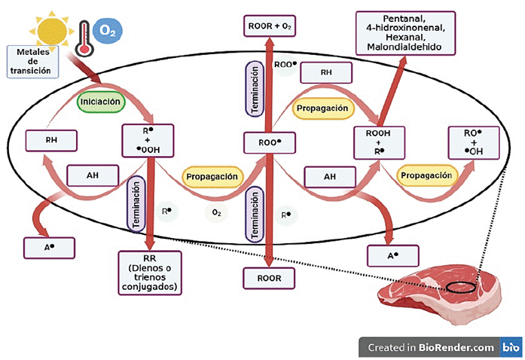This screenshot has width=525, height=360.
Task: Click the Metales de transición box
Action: click(x=32, y=60)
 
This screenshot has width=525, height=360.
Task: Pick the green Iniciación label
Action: click(x=99, y=100)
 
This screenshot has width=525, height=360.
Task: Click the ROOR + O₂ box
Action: click(x=269, y=27)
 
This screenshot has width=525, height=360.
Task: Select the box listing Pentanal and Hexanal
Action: click(x=407, y=32)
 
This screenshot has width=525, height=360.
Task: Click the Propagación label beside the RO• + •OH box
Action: click(x=428, y=175)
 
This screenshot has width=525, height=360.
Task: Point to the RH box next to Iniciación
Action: click(x=51, y=139)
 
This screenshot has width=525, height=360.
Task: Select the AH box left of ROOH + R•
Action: click(x=329, y=176)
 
